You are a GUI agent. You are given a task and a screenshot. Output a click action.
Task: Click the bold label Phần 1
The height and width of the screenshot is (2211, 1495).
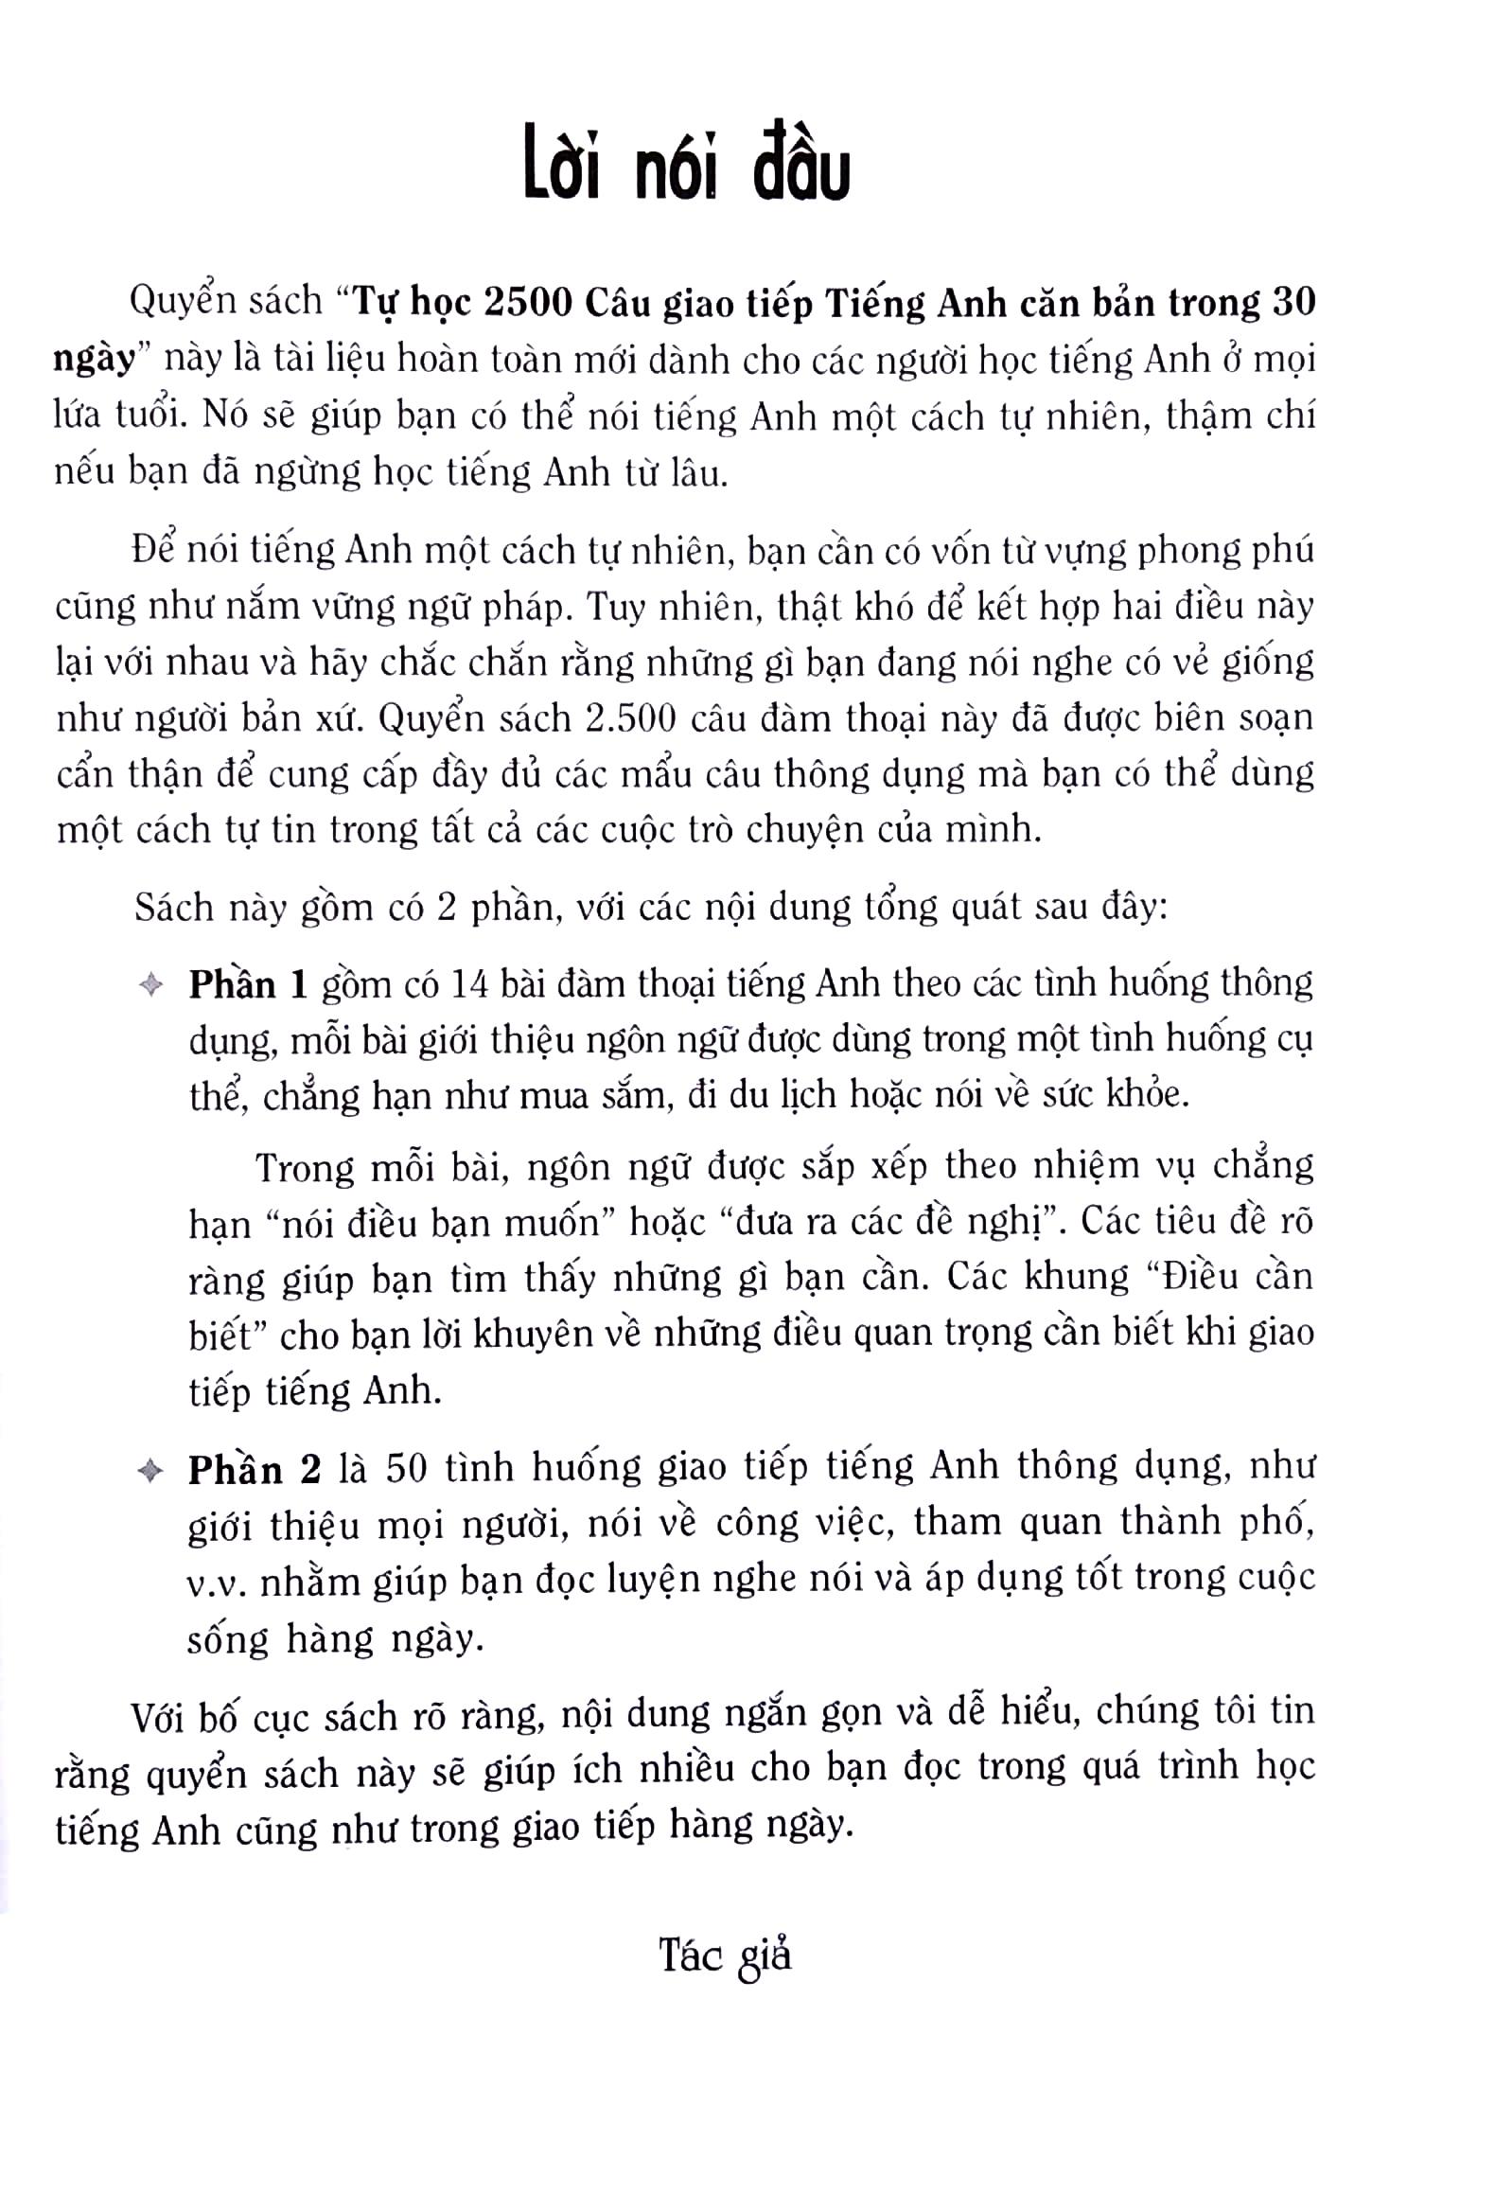point(248,984)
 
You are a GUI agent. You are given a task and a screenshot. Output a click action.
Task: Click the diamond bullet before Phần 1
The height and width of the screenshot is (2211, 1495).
point(150,985)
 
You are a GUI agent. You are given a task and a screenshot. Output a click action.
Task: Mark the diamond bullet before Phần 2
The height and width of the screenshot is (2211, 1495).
point(149,1472)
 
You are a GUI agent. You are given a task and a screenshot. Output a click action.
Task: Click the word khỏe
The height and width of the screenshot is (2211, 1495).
point(1152,1095)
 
